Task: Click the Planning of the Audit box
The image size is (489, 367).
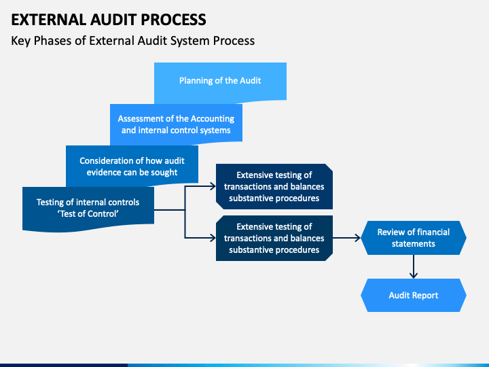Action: pyautogui.click(x=220, y=82)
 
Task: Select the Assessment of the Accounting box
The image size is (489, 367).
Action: pyautogui.click(x=176, y=124)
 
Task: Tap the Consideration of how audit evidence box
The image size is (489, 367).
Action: pyautogui.click(x=132, y=165)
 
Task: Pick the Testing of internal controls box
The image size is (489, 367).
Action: pyautogui.click(x=88, y=209)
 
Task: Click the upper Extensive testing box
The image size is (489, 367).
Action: pyautogui.click(x=274, y=187)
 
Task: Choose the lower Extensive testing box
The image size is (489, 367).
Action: pyautogui.click(x=274, y=238)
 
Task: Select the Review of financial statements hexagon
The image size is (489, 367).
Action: pyautogui.click(x=414, y=238)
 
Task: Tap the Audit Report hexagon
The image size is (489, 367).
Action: pyautogui.click(x=414, y=295)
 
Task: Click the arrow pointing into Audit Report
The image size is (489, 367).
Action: pyautogui.click(x=414, y=267)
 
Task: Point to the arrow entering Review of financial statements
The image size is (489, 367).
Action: pyautogui.click(x=346, y=238)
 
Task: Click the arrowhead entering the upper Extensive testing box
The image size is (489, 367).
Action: pyautogui.click(x=213, y=187)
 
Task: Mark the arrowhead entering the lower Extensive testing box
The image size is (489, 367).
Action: pyautogui.click(x=213, y=238)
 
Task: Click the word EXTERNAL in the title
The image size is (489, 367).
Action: pyautogui.click(x=49, y=20)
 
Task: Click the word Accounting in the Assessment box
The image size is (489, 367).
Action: pyautogui.click(x=213, y=119)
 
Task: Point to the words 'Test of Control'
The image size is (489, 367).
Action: pyautogui.click(x=88, y=214)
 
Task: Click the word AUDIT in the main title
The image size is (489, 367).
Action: pyautogui.click(x=113, y=20)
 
